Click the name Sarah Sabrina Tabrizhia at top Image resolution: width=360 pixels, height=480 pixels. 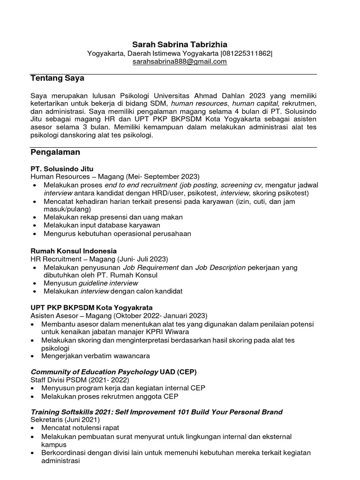[x=180, y=45]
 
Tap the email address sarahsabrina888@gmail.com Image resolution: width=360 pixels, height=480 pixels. [x=180, y=61]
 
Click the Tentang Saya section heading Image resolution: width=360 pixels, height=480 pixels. [x=57, y=78]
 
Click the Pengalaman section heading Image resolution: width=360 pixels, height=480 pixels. [x=55, y=152]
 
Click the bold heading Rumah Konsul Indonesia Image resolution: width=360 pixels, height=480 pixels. [x=74, y=251]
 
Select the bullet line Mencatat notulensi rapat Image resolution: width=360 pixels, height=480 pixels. [x=80, y=428]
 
